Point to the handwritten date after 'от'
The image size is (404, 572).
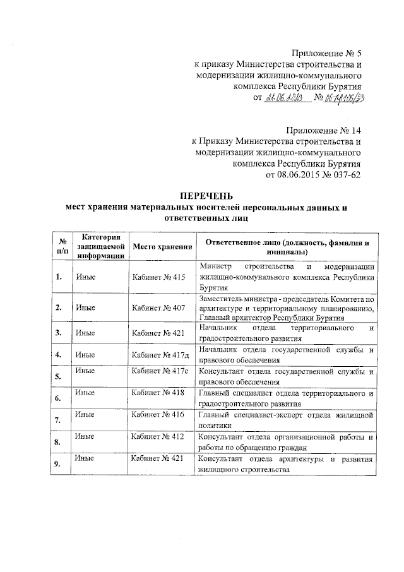(x=286, y=98)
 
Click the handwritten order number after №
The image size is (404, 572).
(x=346, y=98)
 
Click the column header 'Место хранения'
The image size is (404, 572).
(x=162, y=247)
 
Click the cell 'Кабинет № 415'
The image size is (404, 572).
(x=158, y=277)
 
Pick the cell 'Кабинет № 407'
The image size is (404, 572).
(x=158, y=307)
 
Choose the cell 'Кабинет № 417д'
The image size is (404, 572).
(x=160, y=354)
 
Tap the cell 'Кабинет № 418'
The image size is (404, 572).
(x=158, y=393)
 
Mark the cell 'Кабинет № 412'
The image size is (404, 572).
(x=158, y=436)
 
